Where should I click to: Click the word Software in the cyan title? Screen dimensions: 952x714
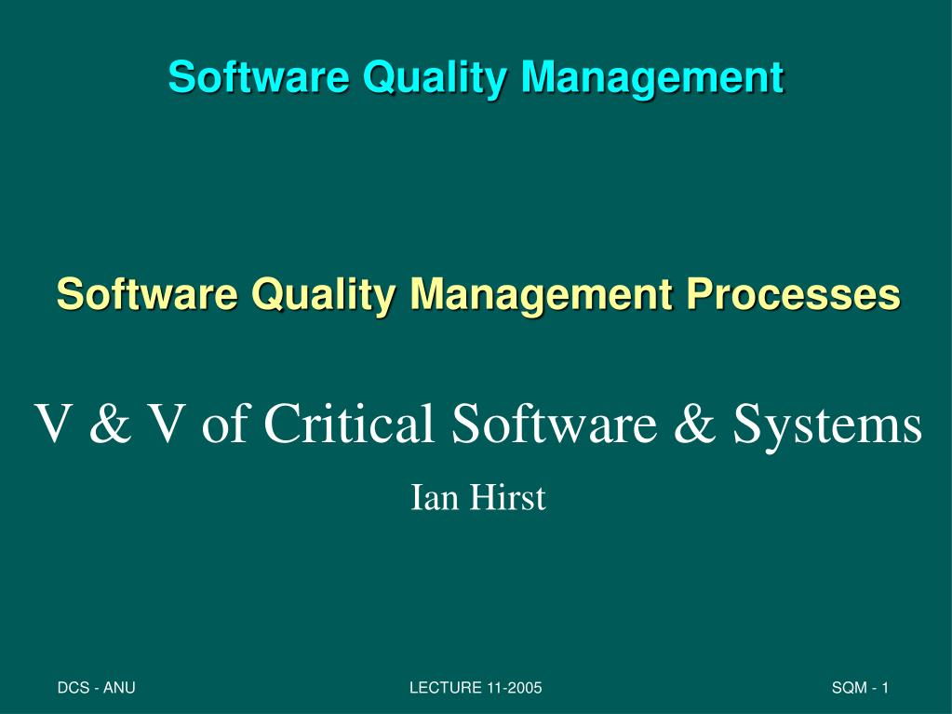tap(259, 76)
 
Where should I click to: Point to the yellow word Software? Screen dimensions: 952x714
tap(147, 294)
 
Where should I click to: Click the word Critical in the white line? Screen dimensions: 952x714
tap(350, 423)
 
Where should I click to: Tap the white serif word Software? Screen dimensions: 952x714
tap(554, 423)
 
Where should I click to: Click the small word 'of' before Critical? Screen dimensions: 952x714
tap(224, 423)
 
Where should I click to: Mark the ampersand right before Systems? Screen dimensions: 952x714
tap(694, 423)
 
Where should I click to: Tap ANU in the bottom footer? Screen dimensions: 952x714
tap(119, 688)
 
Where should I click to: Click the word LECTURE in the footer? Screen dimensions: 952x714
tap(446, 688)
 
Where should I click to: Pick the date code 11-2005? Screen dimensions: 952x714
tap(515, 688)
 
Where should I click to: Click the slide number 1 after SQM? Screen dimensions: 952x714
tap(885, 688)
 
